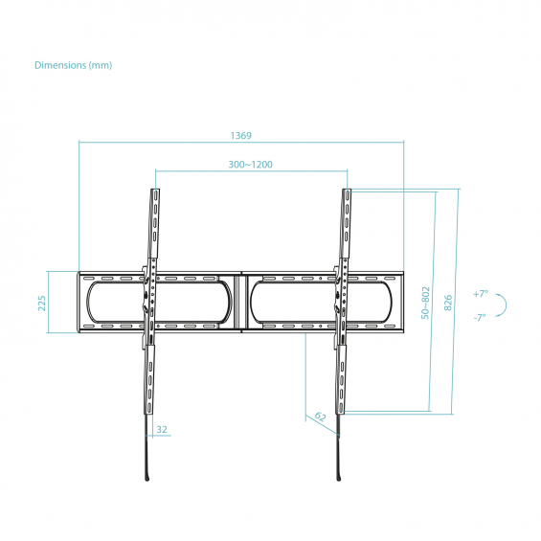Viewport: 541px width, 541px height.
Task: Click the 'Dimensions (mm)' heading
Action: tap(73, 65)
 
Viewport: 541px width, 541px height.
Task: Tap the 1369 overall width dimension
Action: tap(241, 136)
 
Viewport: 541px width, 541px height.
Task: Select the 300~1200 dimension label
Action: tap(251, 165)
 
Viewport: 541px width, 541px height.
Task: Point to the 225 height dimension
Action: tap(42, 303)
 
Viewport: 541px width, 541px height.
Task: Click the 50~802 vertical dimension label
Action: tap(426, 303)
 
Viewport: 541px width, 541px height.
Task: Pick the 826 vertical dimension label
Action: tap(447, 303)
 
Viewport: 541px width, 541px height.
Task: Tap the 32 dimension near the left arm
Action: tap(162, 430)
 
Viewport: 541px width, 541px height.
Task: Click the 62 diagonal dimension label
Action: tap(320, 417)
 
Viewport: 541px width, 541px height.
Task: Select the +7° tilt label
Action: tap(481, 294)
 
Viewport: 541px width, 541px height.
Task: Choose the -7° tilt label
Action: tap(480, 317)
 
